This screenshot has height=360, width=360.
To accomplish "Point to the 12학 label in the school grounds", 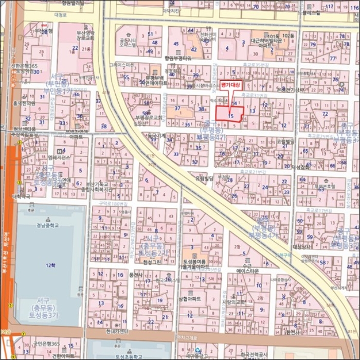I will (50, 265).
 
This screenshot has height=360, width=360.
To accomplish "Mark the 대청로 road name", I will (61, 15).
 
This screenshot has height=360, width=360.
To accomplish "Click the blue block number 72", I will (325, 114).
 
